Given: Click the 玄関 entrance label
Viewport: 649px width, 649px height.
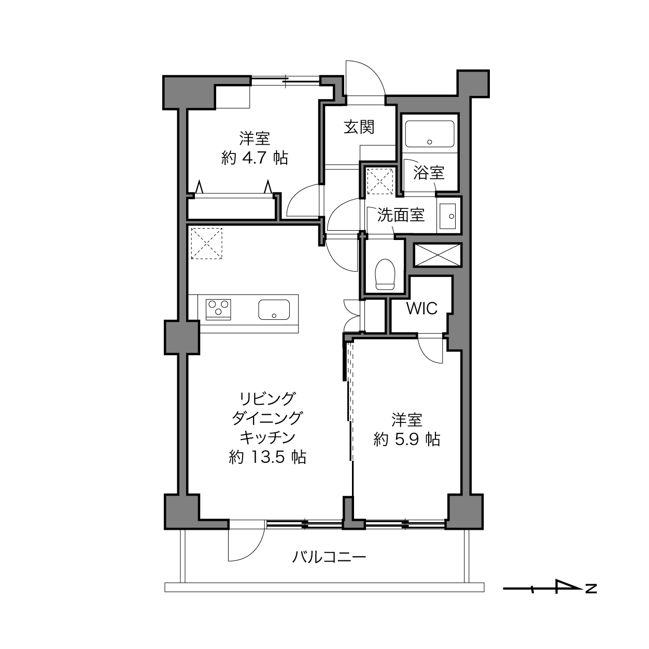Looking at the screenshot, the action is [359, 128].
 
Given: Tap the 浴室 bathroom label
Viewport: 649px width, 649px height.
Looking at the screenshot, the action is [429, 173].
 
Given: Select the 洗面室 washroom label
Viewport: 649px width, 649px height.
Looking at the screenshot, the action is [401, 215].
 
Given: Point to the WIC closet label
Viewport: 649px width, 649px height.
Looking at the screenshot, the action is [421, 308].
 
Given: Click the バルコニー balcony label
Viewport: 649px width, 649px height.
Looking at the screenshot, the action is [329, 557].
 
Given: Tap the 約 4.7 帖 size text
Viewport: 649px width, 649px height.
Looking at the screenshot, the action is [255, 158].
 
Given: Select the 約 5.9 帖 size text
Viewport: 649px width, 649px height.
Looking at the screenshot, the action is [407, 439].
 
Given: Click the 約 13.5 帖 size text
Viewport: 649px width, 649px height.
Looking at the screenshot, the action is [267, 457].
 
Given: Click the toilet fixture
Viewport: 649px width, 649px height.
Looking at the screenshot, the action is [385, 274].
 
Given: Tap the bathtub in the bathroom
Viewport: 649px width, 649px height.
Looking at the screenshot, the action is [429, 134].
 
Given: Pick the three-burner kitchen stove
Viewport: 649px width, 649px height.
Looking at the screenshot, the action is [218, 309].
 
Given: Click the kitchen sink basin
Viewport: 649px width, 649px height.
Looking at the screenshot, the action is [274, 309].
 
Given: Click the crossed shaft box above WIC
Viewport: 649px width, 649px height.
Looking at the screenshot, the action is [437, 255].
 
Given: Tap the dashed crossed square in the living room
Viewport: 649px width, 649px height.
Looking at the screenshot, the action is [206, 244].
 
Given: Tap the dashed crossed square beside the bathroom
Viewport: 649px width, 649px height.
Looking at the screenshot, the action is [380, 181].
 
